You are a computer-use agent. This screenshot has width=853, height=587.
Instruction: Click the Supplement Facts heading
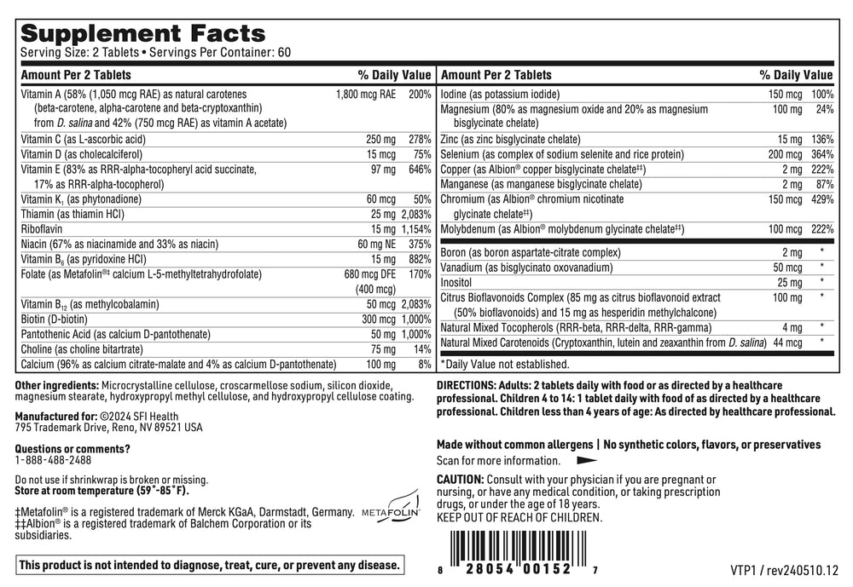(142, 34)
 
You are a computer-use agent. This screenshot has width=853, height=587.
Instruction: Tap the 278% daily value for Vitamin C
(419, 139)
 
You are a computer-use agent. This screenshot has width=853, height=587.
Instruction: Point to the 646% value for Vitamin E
(419, 170)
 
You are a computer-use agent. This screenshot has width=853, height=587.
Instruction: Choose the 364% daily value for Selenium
(821, 154)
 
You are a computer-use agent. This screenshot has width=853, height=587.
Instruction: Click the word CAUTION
(460, 481)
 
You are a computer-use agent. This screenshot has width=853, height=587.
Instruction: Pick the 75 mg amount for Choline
(383, 349)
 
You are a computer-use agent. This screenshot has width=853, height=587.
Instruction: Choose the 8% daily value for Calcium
(424, 364)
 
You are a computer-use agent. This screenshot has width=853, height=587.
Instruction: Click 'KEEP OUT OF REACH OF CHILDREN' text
(519, 517)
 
